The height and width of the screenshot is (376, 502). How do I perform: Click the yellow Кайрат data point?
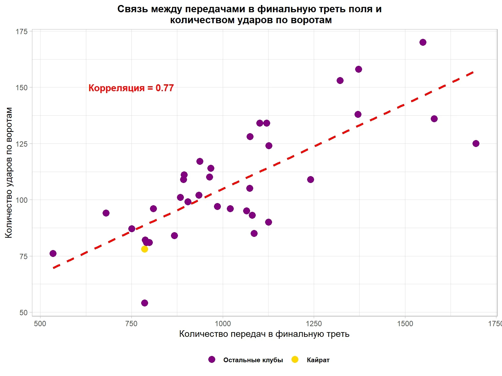pyautogui.click(x=144, y=249)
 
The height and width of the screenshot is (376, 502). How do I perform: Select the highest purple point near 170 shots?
pyautogui.click(x=423, y=42)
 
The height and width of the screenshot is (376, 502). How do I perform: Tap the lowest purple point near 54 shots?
pyautogui.click(x=144, y=303)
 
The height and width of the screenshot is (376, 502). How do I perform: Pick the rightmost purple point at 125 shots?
pyautogui.click(x=476, y=144)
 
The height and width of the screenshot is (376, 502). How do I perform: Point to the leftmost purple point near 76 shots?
pyautogui.click(x=53, y=253)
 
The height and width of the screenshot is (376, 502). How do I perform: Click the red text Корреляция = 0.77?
pyautogui.click(x=131, y=88)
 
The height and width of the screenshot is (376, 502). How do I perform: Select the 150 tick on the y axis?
pyautogui.click(x=22, y=87)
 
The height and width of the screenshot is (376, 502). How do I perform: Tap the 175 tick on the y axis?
pyautogui.click(x=22, y=31)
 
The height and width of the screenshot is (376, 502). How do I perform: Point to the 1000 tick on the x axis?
pyautogui.click(x=222, y=324)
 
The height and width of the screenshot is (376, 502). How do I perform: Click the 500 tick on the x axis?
pyautogui.click(x=40, y=324)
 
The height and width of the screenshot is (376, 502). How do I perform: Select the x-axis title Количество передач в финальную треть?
pyautogui.click(x=264, y=334)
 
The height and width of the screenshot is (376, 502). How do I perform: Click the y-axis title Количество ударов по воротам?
pyautogui.click(x=9, y=173)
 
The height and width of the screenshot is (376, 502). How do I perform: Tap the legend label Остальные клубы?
pyautogui.click(x=253, y=360)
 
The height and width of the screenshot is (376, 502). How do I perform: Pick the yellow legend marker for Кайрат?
pyautogui.click(x=295, y=359)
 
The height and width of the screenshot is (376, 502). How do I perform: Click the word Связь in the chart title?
pyautogui.click(x=133, y=9)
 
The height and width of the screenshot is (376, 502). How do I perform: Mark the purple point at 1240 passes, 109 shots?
pyautogui.click(x=310, y=180)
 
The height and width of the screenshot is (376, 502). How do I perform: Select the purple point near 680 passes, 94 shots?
pyautogui.click(x=106, y=213)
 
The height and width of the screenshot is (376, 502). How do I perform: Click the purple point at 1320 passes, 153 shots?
pyautogui.click(x=340, y=81)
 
